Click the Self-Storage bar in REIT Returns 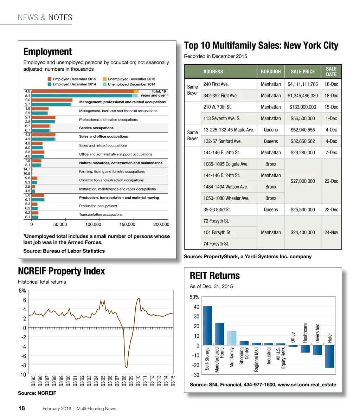(x=207, y=325)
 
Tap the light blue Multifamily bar (x=232, y=338)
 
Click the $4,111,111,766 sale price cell (x=302, y=84)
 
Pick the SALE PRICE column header (x=303, y=71)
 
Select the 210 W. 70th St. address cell (x=218, y=107)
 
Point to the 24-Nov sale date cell (x=331, y=232)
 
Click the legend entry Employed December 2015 (x=72, y=79)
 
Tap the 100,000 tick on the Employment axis (x=94, y=224)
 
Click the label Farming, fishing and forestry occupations (x=112, y=172)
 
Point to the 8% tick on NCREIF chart (x=22, y=291)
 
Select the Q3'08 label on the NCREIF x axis (x=123, y=380)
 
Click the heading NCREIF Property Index (x=62, y=271)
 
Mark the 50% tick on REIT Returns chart (x=195, y=297)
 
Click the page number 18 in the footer (x=21, y=408)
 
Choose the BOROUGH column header (x=271, y=71)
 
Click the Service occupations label (x=96, y=128)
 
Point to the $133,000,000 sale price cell (x=302, y=107)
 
